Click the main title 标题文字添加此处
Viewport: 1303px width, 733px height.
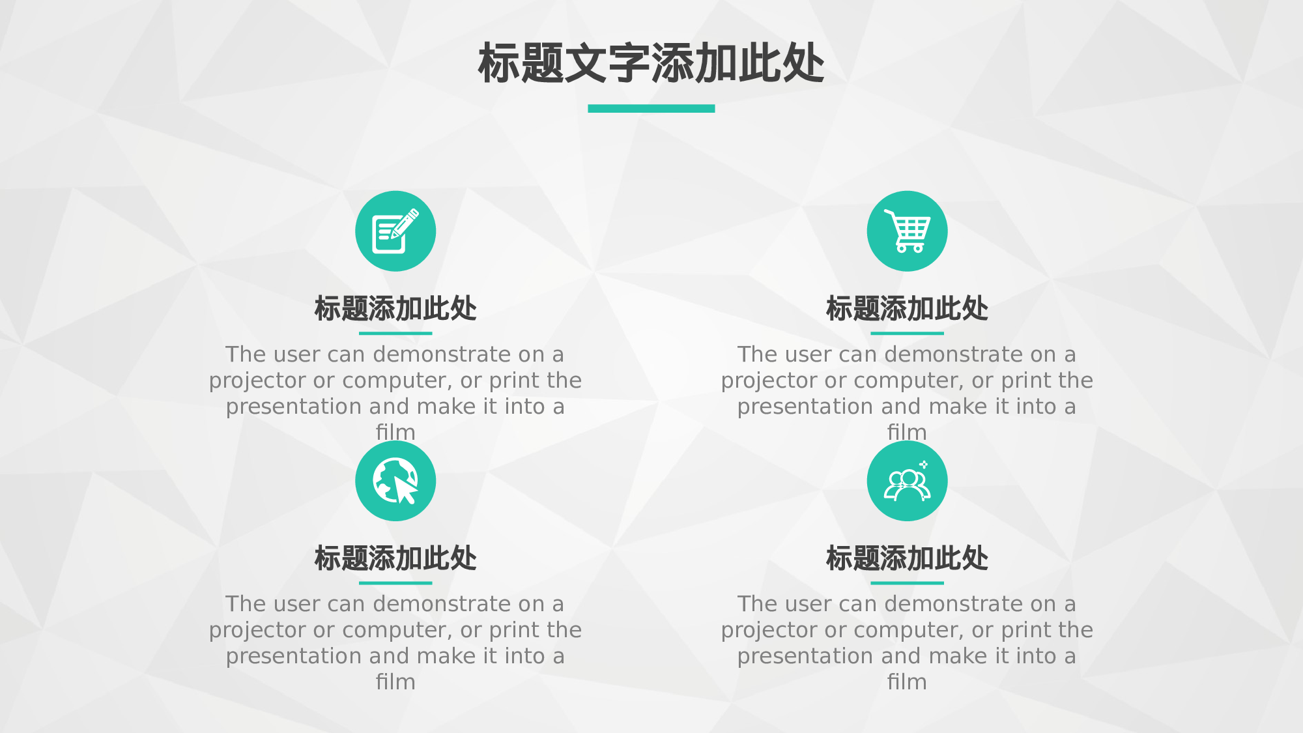(x=651, y=64)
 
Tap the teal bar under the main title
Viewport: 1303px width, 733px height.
(x=651, y=109)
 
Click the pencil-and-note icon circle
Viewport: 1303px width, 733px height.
(x=395, y=231)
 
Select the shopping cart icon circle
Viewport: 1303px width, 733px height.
(x=907, y=231)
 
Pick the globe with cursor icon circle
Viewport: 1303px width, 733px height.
(x=395, y=481)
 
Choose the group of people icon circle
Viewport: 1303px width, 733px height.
(x=907, y=481)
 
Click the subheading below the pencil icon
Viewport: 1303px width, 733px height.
(x=395, y=309)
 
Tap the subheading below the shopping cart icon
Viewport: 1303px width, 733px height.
(x=907, y=309)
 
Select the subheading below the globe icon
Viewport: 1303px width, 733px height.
(x=395, y=558)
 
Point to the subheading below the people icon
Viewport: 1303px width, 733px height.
(x=907, y=558)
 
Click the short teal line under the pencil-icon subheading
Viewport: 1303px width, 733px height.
(x=395, y=333)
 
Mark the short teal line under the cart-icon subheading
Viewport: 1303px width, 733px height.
(x=907, y=333)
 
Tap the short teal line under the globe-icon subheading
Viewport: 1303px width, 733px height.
(x=395, y=582)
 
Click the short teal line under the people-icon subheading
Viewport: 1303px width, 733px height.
(x=907, y=582)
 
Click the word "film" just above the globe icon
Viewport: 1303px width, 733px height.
(x=395, y=432)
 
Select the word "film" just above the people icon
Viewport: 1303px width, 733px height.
(x=907, y=432)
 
